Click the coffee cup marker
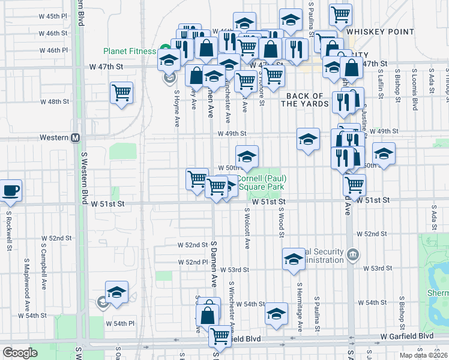pyautogui.click(x=11, y=191)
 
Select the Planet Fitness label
pyautogui.click(x=129, y=51)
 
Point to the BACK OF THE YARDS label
pyautogui.click(x=305, y=100)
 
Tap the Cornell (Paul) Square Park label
pyautogui.click(x=262, y=182)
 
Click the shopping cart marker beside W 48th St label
pyautogui.click(x=121, y=93)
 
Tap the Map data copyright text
pyautogui.click(x=424, y=355)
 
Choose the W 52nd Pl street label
pyautogui.click(x=192, y=262)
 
